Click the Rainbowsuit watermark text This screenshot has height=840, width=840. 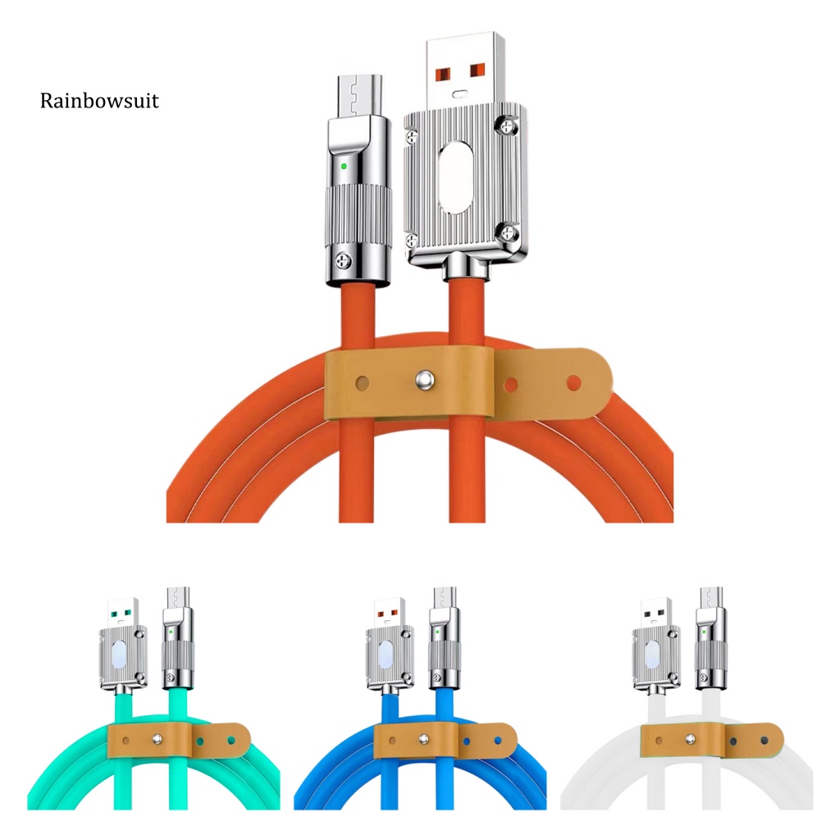click(99, 101)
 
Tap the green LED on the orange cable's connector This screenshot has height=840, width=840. click(344, 166)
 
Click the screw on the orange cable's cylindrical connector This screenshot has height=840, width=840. click(344, 262)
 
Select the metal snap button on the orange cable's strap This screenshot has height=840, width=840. click(425, 381)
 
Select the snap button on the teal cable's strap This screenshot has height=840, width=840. click(157, 740)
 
